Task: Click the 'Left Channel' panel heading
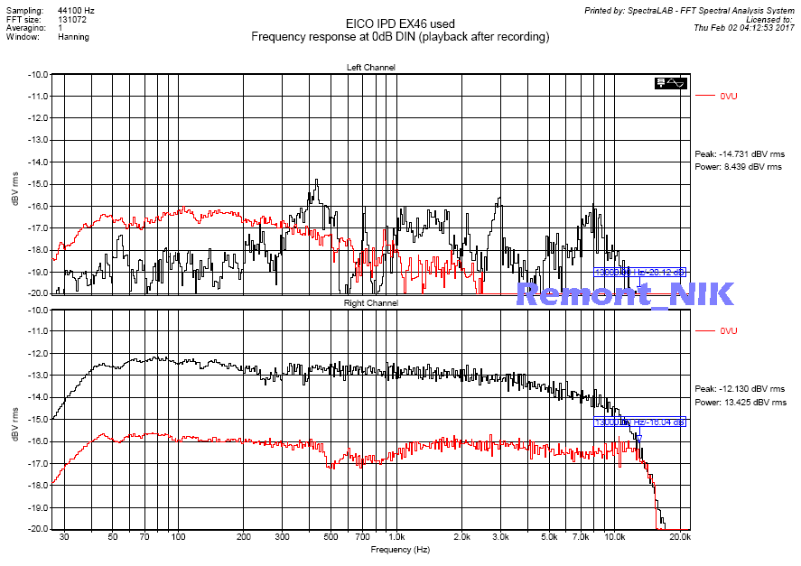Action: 370,68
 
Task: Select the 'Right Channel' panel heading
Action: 370,303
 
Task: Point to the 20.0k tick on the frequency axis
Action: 680,536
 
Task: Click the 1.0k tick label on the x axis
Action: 395,536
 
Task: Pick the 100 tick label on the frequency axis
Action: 178,536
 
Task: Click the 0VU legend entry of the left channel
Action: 729,96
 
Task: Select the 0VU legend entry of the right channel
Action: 729,331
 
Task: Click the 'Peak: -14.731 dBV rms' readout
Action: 740,154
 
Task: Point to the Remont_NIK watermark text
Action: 624,293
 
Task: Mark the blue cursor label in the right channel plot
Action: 639,422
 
